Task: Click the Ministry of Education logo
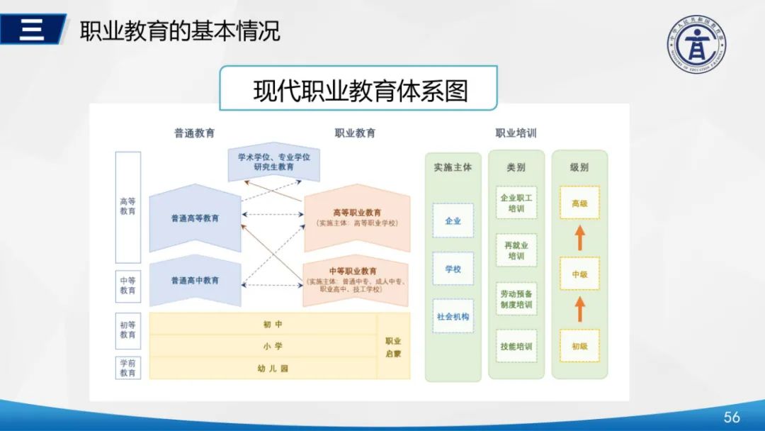696,45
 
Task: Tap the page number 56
731,417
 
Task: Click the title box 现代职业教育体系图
358,89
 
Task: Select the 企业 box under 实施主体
453,220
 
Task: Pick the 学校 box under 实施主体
453,269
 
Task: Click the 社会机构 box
453,316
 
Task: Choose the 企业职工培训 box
516,203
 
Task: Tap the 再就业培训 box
516,250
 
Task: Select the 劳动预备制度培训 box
516,298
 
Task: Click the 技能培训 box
516,346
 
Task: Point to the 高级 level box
579,203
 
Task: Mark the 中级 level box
579,274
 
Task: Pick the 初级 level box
579,346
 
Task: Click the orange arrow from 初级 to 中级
579,309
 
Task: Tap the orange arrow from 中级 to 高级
579,238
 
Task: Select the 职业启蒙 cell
393,347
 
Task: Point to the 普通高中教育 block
195,280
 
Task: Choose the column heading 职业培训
516,133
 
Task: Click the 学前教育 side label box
127,368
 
